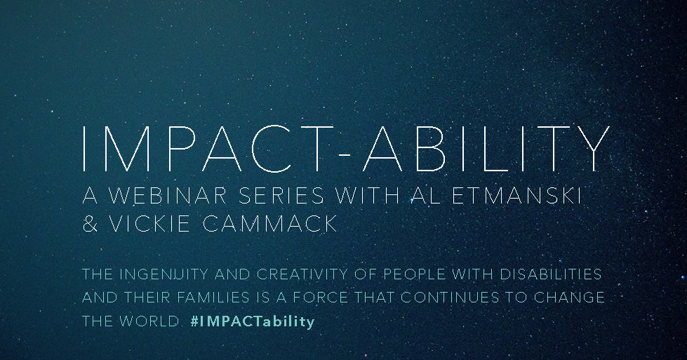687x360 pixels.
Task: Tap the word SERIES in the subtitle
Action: click(x=281, y=195)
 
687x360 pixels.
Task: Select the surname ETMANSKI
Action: click(x=516, y=195)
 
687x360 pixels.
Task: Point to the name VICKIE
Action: click(x=149, y=223)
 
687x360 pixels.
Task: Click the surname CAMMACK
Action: click(x=270, y=223)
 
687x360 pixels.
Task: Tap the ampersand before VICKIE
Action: click(x=91, y=223)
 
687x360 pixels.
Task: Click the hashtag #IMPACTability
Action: click(x=253, y=321)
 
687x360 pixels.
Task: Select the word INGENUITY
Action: click(x=164, y=274)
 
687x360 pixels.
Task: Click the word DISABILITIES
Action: click(x=550, y=274)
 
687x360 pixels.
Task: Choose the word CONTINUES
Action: click(x=450, y=298)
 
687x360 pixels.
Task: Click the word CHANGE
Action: click(x=569, y=298)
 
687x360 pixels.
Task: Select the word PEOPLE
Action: click(x=414, y=274)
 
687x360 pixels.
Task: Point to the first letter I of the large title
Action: click(x=84, y=149)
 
